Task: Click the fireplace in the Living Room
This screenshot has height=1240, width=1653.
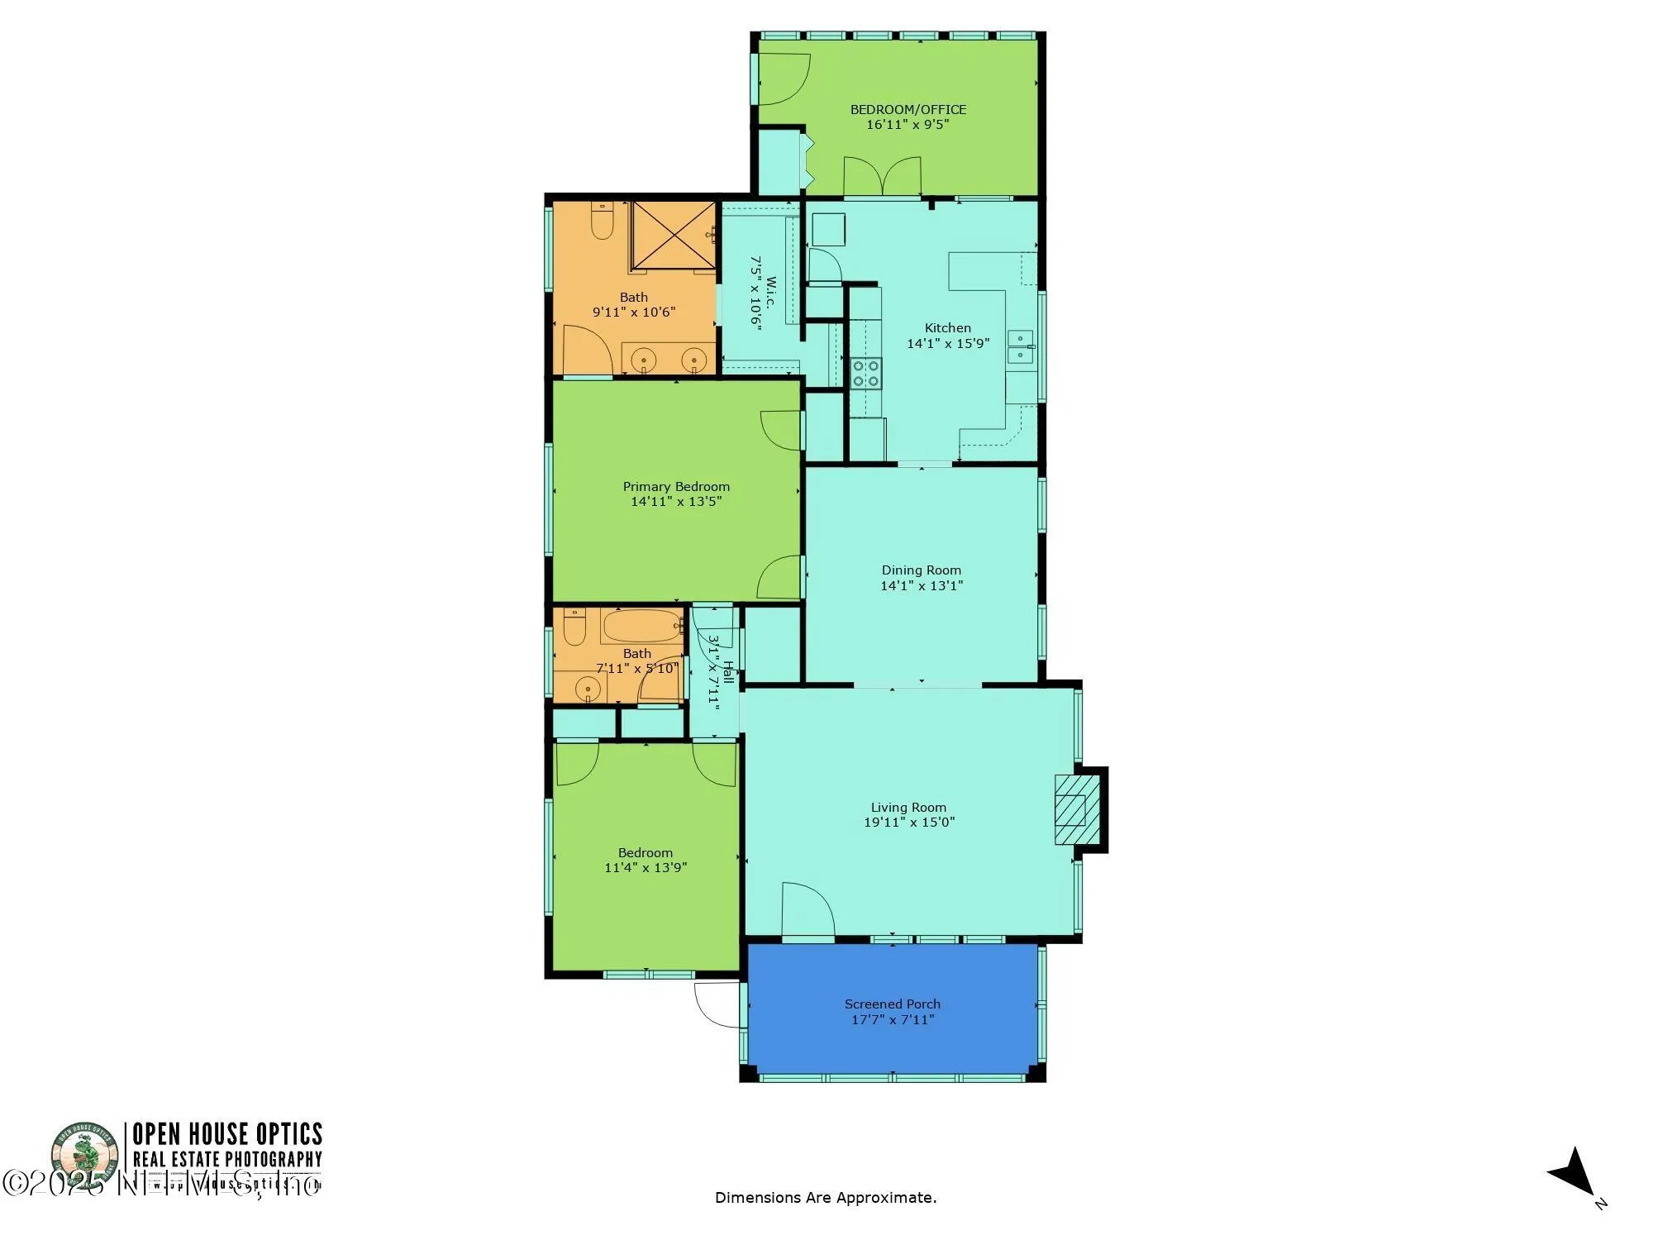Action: pos(1078,809)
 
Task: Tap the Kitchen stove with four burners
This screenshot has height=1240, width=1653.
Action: pos(866,373)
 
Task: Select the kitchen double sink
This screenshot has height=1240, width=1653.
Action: pos(1020,346)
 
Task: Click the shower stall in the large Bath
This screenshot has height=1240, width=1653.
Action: pos(674,236)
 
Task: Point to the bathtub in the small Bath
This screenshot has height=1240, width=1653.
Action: pos(642,627)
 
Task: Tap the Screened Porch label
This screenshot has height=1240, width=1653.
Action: pos(892,1004)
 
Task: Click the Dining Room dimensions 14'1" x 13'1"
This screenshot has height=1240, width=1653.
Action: pos(922,585)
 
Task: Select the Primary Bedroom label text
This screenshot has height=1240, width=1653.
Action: pos(676,486)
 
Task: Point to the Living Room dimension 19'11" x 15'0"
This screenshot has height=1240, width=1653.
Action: pos(909,822)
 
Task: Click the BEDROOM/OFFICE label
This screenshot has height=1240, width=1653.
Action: pos(907,109)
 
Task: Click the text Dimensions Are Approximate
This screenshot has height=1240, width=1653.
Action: pos(826,1197)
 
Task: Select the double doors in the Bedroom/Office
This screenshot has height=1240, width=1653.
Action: pos(882,177)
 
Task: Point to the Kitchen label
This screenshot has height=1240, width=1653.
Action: pos(947,327)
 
